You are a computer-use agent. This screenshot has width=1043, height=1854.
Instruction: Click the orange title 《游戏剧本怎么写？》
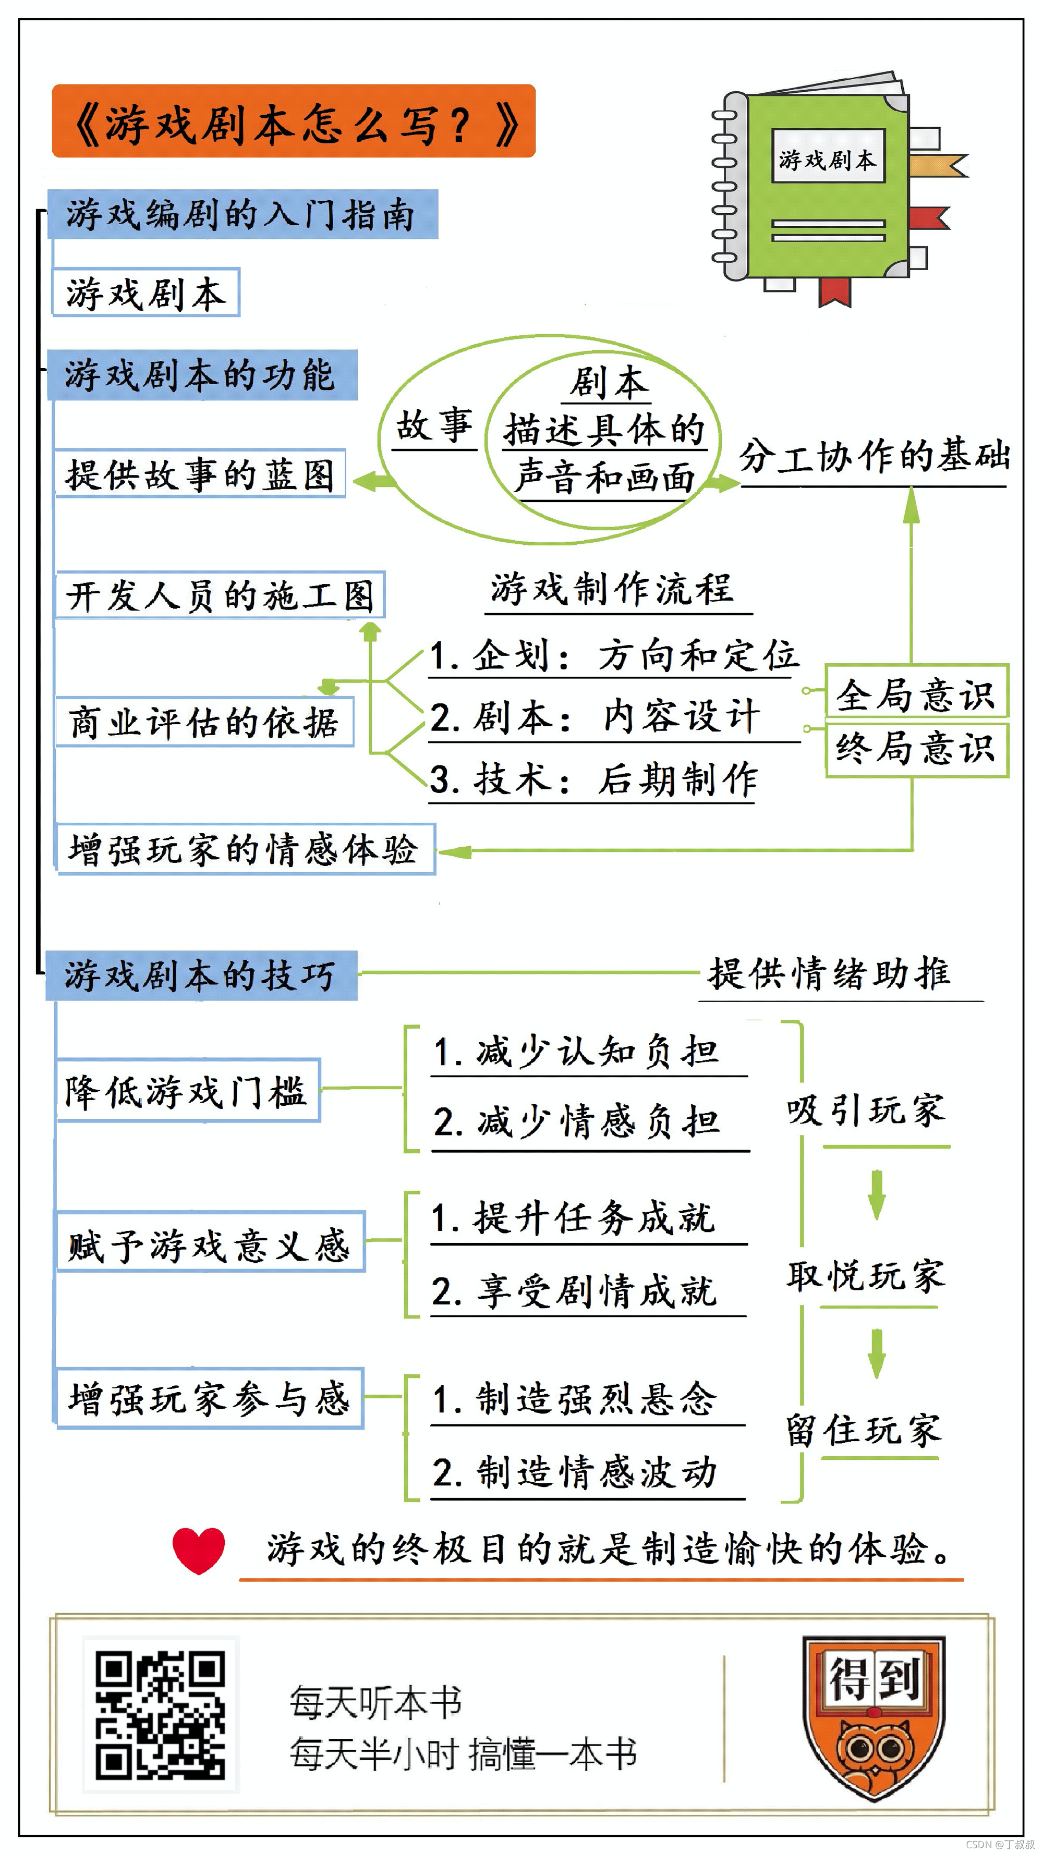(x=294, y=121)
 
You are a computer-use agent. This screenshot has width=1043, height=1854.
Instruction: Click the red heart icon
(x=199, y=1550)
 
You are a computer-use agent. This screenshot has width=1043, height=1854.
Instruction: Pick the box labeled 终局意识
(x=916, y=749)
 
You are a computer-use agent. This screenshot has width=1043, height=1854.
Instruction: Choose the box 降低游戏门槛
(x=187, y=1090)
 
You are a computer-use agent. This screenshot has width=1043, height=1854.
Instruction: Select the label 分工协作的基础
(x=874, y=456)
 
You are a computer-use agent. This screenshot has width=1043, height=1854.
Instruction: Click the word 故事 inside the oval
(x=434, y=424)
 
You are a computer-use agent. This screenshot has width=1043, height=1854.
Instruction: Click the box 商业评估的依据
(x=204, y=722)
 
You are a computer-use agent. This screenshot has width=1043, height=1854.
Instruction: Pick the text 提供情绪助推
(x=830, y=974)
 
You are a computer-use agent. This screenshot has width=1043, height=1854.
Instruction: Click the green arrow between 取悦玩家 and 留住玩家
(x=876, y=1352)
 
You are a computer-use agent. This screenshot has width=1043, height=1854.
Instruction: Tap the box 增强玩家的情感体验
(x=245, y=849)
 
